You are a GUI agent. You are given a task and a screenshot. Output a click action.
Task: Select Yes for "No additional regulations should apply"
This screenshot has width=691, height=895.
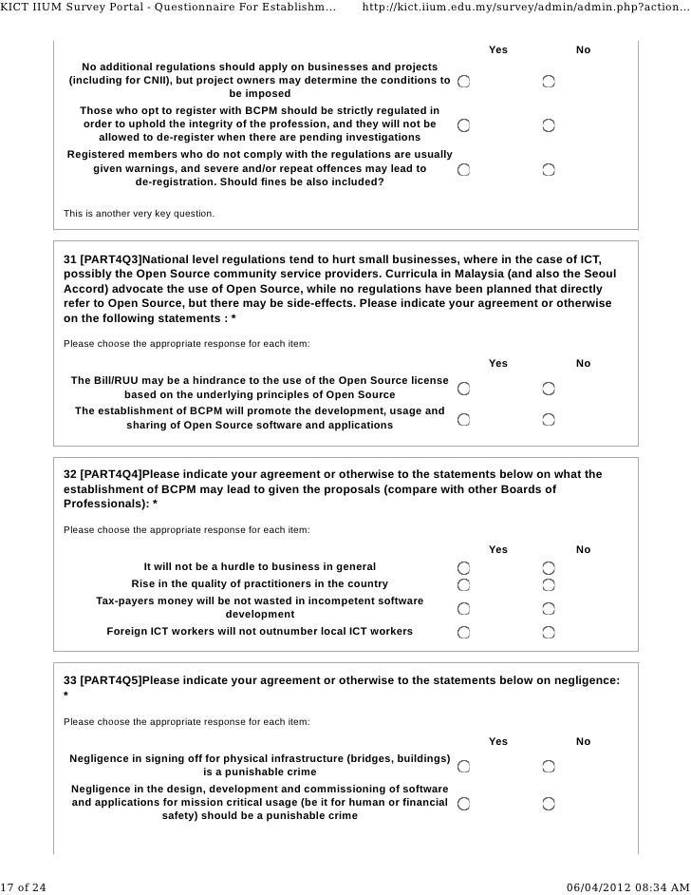pyautogui.click(x=462, y=83)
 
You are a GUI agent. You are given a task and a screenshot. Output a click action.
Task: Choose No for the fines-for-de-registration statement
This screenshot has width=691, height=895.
pyautogui.click(x=550, y=170)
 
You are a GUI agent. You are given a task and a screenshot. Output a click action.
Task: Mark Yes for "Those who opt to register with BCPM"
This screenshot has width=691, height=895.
pyautogui.click(x=462, y=124)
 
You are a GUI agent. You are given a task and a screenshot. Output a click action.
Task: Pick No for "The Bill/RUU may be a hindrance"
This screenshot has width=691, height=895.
pyautogui.click(x=550, y=388)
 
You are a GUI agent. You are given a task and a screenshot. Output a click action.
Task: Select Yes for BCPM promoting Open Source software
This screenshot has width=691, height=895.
pyautogui.click(x=462, y=419)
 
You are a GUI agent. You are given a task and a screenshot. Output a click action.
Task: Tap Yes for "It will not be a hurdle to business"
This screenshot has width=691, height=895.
pyautogui.click(x=462, y=567)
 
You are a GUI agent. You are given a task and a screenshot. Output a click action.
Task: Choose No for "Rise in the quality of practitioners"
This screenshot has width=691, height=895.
pyautogui.click(x=550, y=583)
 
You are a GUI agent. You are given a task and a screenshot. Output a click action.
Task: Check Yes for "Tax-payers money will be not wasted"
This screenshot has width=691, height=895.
pyautogui.click(x=462, y=608)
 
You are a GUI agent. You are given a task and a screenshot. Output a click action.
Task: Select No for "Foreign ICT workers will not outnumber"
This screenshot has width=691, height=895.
pyautogui.click(x=550, y=632)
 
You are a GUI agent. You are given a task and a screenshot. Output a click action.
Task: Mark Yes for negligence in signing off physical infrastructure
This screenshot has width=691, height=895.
pyautogui.click(x=462, y=766)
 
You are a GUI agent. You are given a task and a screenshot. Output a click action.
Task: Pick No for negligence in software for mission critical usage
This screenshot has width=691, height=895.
pyautogui.click(x=550, y=803)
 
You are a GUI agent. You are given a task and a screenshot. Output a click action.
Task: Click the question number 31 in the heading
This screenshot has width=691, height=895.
pyautogui.click(x=69, y=258)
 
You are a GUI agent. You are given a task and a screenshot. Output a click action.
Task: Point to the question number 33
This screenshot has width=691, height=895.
pyautogui.click(x=69, y=680)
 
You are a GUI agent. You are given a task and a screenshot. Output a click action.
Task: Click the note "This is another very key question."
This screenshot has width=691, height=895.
pyautogui.click(x=139, y=213)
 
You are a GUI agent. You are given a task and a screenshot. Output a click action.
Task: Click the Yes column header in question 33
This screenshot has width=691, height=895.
pyautogui.click(x=497, y=741)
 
